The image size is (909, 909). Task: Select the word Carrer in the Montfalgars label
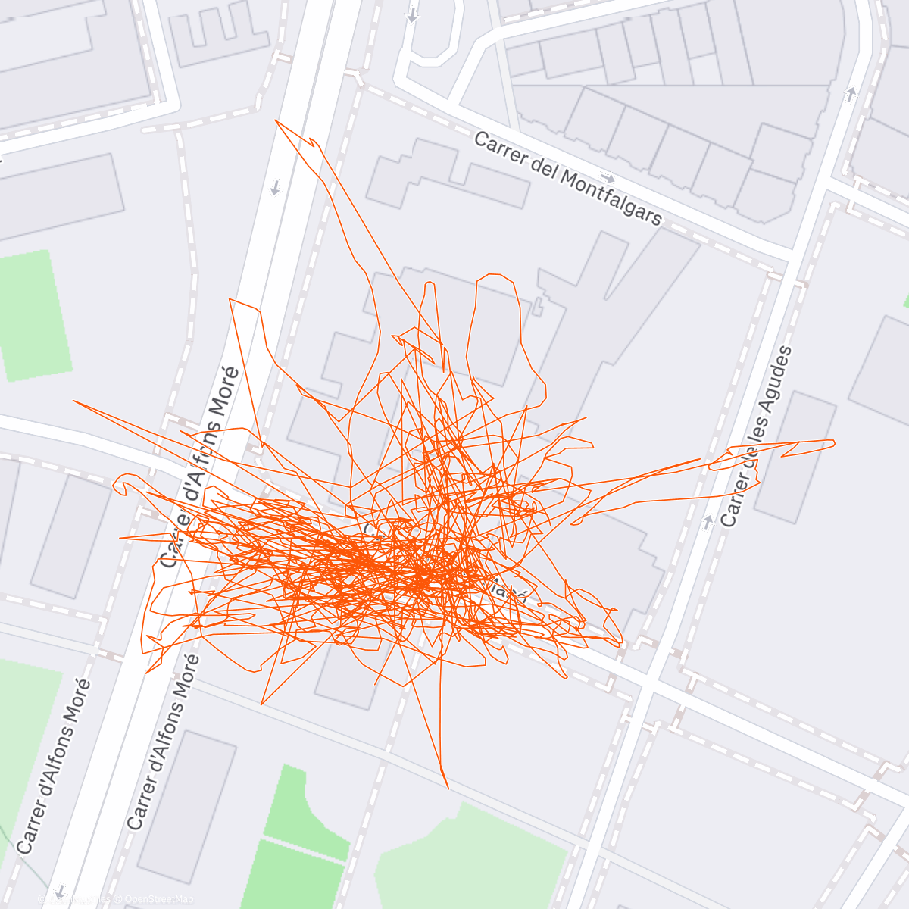[501, 148]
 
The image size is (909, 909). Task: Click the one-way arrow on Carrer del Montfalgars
[607, 177]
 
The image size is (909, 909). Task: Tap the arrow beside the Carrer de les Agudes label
[708, 521]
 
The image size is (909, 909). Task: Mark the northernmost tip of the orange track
[276, 120]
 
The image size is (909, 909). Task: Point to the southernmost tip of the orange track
[448, 788]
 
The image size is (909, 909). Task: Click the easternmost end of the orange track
[834, 442]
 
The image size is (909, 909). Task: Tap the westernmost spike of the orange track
[73, 401]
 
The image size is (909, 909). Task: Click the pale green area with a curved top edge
[470, 856]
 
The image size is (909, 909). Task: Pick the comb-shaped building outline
[218, 35]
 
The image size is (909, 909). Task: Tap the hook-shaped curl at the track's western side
[121, 484]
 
